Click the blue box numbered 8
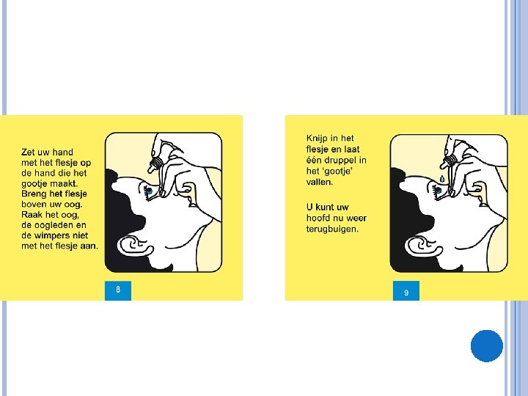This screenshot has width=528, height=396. (118, 290)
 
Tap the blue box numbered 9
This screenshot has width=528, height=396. (406, 290)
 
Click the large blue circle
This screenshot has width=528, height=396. (487, 346)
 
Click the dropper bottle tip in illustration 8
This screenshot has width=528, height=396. (150, 169)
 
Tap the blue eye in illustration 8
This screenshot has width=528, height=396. (150, 191)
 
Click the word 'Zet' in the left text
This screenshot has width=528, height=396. (29, 153)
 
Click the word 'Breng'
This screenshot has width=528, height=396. (34, 194)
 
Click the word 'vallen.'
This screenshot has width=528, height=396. (320, 182)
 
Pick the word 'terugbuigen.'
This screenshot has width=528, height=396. (332, 230)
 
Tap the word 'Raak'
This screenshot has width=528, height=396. (32, 215)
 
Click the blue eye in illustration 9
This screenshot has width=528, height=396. (438, 191)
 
